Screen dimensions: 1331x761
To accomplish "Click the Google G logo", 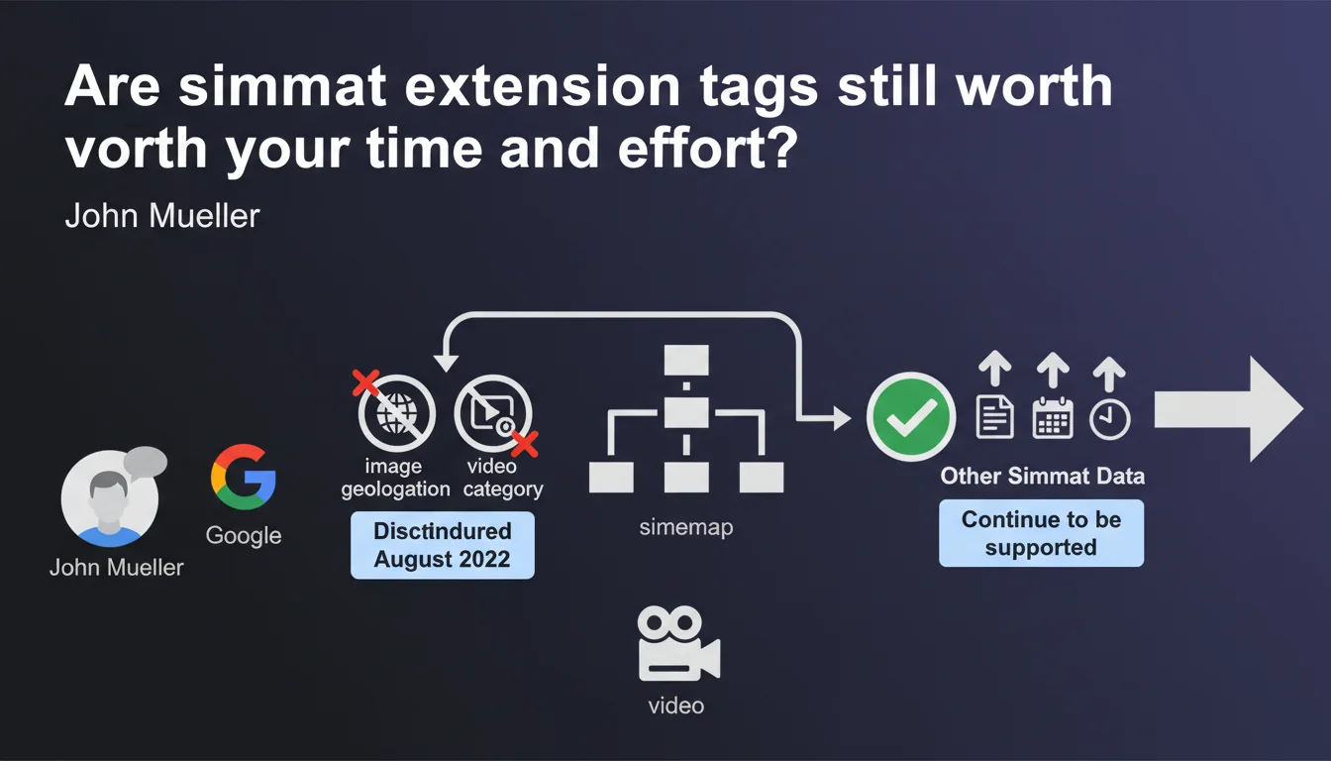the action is pyautogui.click(x=243, y=477).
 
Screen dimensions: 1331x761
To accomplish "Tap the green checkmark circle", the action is pyautogui.click(x=911, y=417).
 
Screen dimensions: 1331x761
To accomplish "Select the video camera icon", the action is pyautogui.click(x=678, y=643).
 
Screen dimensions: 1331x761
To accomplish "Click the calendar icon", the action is pyautogui.click(x=1053, y=418).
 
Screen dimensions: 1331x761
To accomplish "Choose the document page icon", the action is pyautogui.click(x=995, y=417).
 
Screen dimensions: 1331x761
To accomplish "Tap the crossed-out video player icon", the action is pyautogui.click(x=492, y=412).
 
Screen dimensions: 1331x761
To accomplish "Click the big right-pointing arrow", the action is pyautogui.click(x=1229, y=409).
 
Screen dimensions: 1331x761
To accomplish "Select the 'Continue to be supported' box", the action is pyautogui.click(x=1041, y=533).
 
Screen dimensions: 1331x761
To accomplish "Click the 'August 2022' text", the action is pyautogui.click(x=442, y=559).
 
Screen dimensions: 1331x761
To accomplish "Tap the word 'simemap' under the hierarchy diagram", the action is pyautogui.click(x=686, y=527).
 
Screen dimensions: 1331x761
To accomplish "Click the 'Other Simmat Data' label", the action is pyautogui.click(x=1042, y=477).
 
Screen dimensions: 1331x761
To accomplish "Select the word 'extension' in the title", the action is pyautogui.click(x=543, y=87).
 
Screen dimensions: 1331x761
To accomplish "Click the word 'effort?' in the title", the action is pyautogui.click(x=707, y=149).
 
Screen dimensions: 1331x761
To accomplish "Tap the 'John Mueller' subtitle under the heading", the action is pyautogui.click(x=162, y=215).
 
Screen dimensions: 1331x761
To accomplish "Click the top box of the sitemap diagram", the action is pyautogui.click(x=686, y=360).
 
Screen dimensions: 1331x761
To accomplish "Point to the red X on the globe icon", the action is pyautogui.click(x=365, y=382).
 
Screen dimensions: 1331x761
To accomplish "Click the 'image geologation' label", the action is pyautogui.click(x=395, y=478).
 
